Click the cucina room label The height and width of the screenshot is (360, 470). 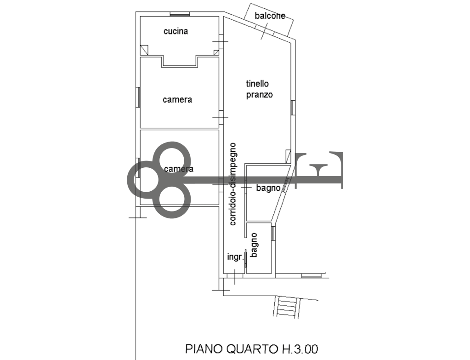[176, 31]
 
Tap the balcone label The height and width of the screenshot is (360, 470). [270, 16]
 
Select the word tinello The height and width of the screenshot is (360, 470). [257, 83]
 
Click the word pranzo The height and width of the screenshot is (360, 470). [259, 95]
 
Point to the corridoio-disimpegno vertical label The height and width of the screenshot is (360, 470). [233, 184]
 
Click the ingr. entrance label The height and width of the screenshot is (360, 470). [235, 257]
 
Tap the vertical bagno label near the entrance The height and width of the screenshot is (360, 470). [254, 245]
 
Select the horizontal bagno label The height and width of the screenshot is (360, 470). [268, 188]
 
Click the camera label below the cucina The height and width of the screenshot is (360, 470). [177, 100]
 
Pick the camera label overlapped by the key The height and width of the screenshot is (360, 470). [179, 169]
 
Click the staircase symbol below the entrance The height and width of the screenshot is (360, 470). [287, 307]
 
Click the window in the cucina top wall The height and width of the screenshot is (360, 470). [180, 14]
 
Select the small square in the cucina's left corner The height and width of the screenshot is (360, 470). [144, 50]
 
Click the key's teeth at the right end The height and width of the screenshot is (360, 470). [319, 170]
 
